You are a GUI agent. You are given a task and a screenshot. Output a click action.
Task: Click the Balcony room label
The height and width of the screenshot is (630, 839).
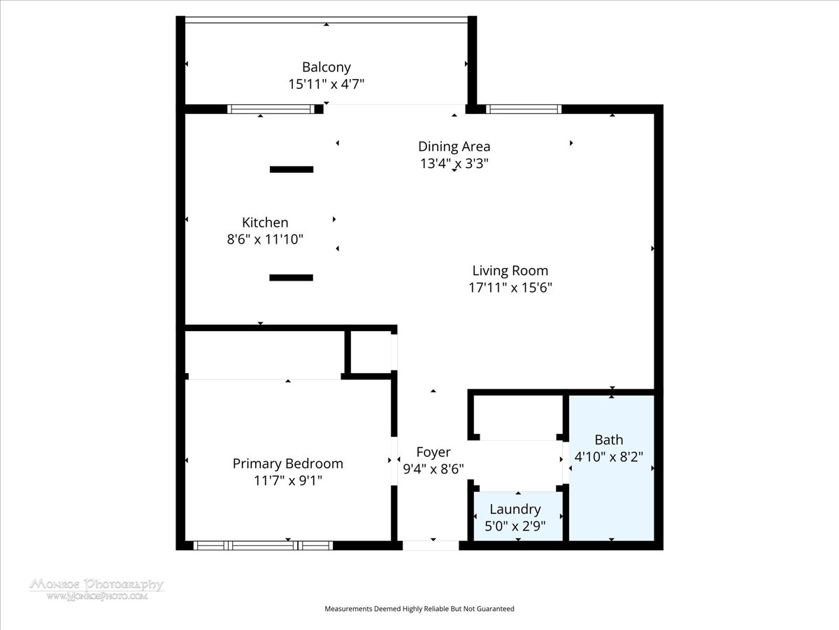coord(326,67)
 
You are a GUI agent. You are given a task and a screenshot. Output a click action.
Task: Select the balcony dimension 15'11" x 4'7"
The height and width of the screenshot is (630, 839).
coord(326,84)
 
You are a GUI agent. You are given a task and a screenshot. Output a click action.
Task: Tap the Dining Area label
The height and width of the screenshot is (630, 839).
coord(454,146)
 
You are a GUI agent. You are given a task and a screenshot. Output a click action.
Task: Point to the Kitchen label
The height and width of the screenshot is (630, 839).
coord(265,222)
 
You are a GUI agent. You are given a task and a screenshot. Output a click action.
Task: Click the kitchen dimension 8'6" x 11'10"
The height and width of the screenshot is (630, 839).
coord(265,239)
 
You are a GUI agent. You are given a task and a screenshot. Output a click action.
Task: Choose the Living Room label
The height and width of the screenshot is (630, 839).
coord(510,271)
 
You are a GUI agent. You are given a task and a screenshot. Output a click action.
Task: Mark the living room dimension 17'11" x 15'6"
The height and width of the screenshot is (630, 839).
coord(510,288)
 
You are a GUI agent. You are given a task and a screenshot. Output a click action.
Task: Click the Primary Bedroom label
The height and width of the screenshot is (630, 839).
coord(288,464)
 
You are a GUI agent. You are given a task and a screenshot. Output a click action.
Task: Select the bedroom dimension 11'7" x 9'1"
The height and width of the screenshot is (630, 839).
coord(288,480)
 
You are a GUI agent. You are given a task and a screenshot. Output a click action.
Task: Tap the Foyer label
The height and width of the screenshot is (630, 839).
coord(433,452)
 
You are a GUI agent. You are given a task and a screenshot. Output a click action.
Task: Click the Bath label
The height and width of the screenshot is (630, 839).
coord(609,440)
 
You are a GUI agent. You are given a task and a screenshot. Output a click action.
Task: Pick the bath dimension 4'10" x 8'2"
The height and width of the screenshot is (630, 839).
coord(609,456)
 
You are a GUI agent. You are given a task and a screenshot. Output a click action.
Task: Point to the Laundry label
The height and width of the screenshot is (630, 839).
coord(515,510)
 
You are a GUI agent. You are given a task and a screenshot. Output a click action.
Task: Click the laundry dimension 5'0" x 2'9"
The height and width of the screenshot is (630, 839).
coord(515,526)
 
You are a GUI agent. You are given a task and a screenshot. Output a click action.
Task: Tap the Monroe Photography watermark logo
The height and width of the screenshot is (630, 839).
coord(96,589)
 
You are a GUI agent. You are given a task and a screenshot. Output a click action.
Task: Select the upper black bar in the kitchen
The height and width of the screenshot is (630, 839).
coord(292,169)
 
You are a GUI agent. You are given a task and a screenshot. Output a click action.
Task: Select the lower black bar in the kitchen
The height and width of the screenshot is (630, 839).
coord(292,278)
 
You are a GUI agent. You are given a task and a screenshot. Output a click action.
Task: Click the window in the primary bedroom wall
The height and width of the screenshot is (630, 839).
coord(263,545)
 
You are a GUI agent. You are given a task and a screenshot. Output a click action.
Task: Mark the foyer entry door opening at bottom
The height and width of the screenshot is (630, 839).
coord(431,545)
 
